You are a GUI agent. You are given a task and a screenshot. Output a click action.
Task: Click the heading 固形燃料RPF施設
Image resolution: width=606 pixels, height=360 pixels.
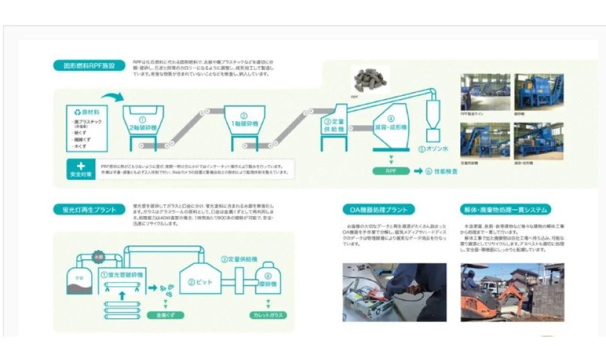(88, 65)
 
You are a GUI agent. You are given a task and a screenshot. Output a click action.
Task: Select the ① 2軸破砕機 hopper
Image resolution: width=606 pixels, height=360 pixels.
(142, 121)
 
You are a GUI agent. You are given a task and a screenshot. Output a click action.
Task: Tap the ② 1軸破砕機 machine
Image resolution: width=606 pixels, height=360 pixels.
(244, 121)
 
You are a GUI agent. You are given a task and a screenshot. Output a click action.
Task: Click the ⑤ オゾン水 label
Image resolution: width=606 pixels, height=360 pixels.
(435, 150)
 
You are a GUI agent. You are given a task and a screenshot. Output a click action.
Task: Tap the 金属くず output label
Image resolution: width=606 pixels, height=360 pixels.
(164, 314)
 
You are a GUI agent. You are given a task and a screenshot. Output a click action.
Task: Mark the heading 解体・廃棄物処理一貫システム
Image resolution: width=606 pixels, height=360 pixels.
(505, 210)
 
